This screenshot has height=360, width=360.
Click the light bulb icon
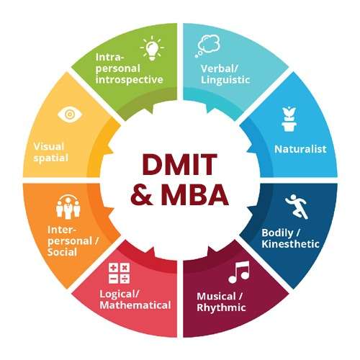152,48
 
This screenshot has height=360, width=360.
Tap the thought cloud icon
208,45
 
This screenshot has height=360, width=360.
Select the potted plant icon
289,119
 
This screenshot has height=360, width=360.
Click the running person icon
297,207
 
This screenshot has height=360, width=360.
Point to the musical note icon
239,272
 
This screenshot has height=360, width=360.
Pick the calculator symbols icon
119,274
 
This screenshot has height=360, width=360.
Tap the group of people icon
68,207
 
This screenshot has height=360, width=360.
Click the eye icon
70,114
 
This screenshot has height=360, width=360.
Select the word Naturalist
300,149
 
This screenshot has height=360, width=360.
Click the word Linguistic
225,80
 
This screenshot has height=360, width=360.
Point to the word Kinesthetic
290,244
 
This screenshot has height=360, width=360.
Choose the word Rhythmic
221,307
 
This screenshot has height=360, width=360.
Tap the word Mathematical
135,305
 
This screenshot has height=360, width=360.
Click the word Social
62,252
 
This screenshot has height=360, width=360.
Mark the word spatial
51,158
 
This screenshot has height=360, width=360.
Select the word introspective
129,80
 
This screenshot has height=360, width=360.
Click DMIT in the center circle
179,164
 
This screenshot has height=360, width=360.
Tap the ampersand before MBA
141,194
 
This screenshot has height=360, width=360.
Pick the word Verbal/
220,68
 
